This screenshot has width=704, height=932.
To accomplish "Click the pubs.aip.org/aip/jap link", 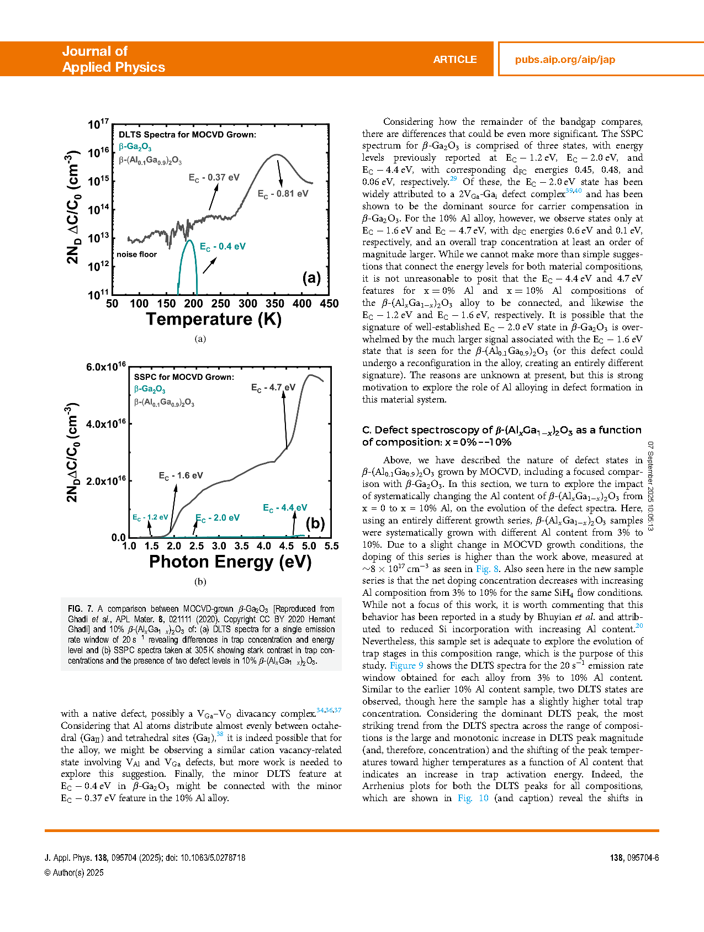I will (564, 60).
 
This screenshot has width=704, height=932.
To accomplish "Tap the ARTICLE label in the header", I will (454, 60).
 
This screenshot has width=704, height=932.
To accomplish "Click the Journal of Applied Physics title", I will (113, 59).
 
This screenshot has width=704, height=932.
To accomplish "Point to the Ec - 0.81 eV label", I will (283, 194).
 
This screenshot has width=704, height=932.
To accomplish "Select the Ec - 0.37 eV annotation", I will (214, 178).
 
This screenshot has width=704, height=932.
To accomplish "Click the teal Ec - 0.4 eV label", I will (222, 247).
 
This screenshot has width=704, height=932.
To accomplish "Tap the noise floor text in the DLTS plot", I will (136, 255).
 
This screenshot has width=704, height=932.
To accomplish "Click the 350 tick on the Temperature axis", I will (274, 304).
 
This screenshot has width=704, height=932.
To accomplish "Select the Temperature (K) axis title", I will (214, 320).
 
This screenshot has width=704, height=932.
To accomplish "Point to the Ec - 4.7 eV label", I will (273, 388).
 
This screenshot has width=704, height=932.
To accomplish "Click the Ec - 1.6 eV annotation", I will (181, 476).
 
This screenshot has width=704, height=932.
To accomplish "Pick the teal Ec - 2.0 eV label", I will (218, 518).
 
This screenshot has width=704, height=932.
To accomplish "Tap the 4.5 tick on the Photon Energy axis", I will (286, 546).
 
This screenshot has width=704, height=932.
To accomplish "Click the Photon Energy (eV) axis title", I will (230, 562).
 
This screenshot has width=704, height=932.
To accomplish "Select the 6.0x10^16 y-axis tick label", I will (105, 367).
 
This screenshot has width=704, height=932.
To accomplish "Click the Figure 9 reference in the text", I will (406, 666).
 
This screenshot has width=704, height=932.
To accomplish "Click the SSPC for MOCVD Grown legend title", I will (184, 377).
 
